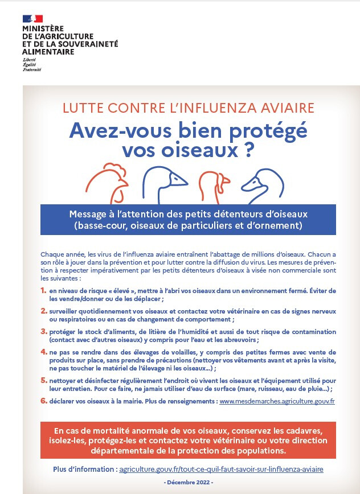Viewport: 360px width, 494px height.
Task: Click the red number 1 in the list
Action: tap(44, 290)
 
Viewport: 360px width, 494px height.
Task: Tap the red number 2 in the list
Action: tap(44, 311)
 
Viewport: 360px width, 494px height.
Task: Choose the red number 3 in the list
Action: tap(44, 331)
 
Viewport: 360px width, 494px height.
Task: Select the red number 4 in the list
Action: tap(44, 352)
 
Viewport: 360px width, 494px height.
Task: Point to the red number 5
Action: tap(44, 380)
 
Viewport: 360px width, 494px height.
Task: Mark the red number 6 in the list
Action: tap(44, 401)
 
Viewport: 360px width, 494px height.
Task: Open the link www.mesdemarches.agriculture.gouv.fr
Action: tap(277, 401)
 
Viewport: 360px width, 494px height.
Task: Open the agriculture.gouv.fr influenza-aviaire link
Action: tap(221, 470)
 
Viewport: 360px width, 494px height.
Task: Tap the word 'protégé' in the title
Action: tap(267, 130)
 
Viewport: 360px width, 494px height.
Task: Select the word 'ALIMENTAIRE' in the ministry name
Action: tap(48, 52)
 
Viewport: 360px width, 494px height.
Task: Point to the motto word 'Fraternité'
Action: tap(31, 69)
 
